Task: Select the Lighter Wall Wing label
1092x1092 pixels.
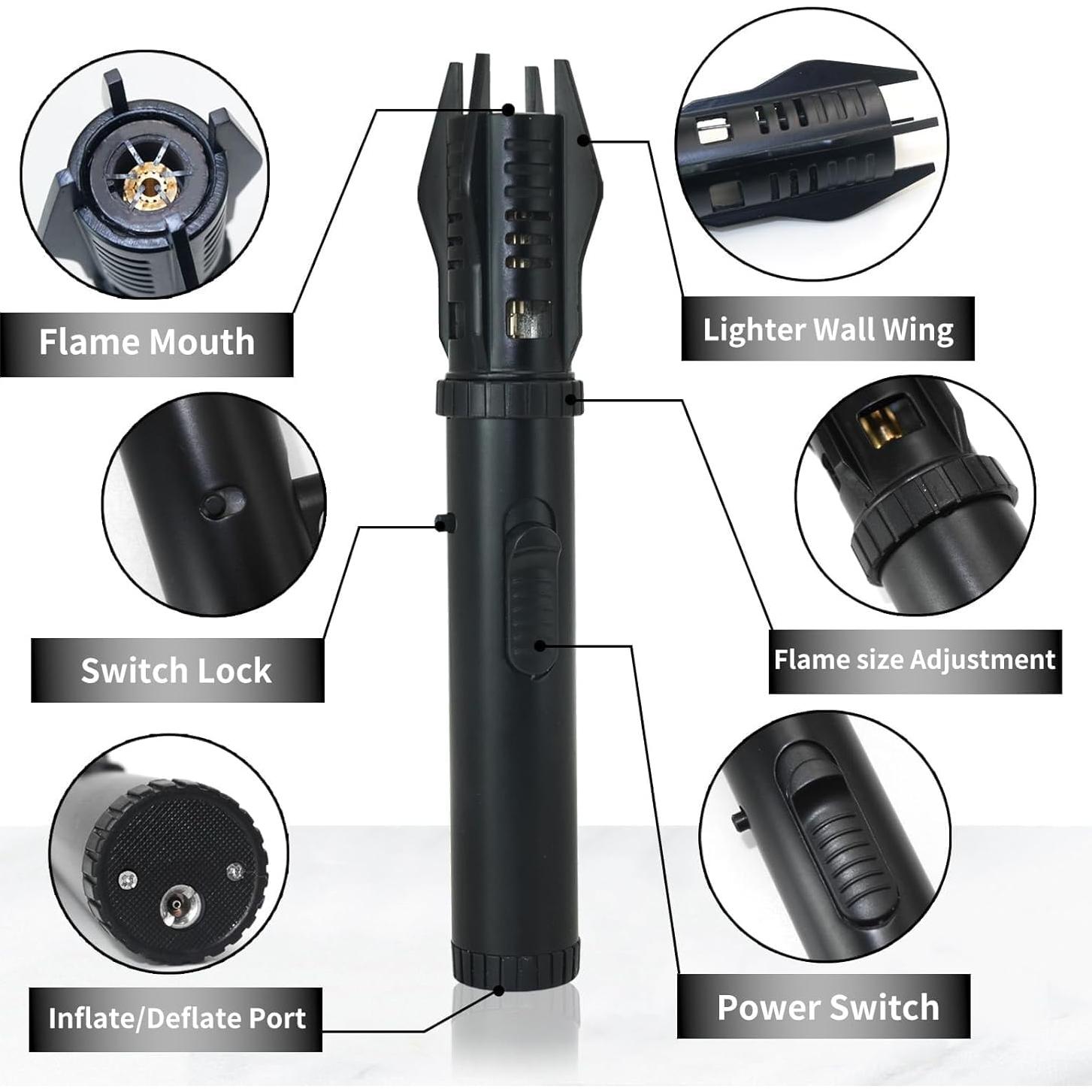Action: (x=827, y=329)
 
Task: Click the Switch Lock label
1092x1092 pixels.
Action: (x=177, y=670)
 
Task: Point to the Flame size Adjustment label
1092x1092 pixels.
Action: (x=915, y=660)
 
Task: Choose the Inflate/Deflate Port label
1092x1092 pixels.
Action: (x=177, y=1018)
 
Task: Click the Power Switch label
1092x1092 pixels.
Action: (x=827, y=1007)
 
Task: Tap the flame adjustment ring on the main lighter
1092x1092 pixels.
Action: (x=507, y=398)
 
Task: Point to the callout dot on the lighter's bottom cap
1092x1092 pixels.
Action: (x=498, y=991)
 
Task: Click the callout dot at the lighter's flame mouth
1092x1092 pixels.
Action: (x=509, y=110)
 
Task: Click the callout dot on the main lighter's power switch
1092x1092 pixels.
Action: (x=540, y=645)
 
